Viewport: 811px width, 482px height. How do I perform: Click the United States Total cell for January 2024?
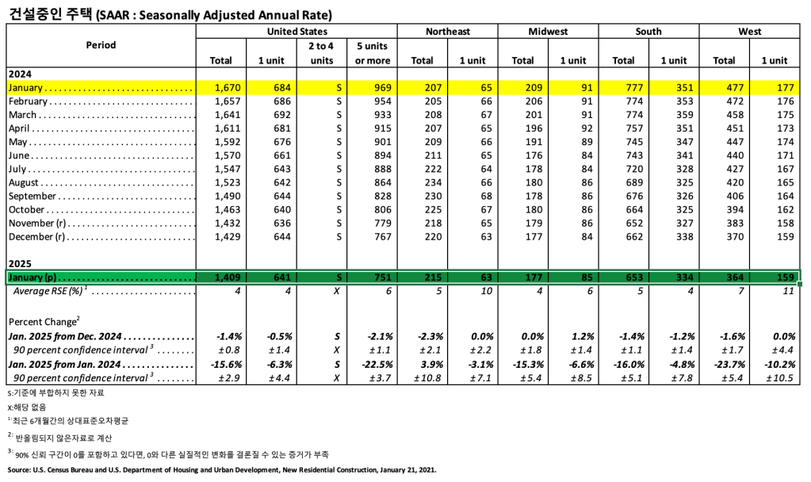(x=221, y=87)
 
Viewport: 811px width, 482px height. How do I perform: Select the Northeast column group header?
(x=447, y=32)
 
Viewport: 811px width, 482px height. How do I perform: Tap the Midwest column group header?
(x=548, y=32)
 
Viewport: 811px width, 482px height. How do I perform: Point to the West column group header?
(x=749, y=32)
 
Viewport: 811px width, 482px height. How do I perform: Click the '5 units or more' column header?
(x=372, y=52)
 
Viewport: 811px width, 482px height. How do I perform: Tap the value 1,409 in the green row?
(x=221, y=277)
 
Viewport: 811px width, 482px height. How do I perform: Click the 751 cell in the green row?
(x=372, y=277)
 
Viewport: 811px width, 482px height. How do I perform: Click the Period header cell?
(x=101, y=45)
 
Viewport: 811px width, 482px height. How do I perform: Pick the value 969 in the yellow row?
(x=372, y=87)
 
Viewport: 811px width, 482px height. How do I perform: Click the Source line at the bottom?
(x=222, y=470)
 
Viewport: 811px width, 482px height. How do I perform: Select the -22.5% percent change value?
(x=371, y=364)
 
